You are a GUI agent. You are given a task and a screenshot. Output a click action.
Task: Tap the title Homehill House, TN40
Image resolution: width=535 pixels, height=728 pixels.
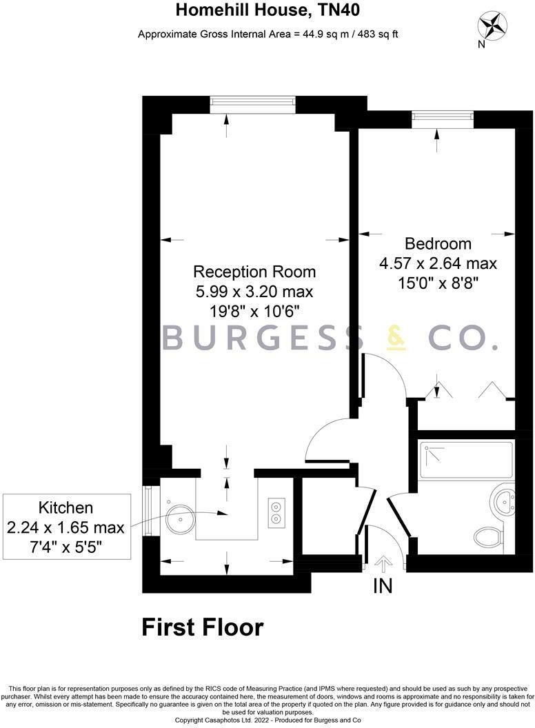pyautogui.click(x=267, y=10)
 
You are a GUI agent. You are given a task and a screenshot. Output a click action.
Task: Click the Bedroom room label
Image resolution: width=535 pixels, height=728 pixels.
pyautogui.click(x=438, y=243)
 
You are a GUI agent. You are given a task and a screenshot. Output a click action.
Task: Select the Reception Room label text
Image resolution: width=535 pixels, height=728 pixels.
pyautogui.click(x=254, y=271)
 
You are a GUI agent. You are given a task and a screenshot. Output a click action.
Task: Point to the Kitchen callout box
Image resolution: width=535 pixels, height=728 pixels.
pyautogui.click(x=65, y=528)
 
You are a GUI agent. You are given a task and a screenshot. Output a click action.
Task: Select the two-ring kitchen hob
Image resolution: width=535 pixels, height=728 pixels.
pyautogui.click(x=276, y=511)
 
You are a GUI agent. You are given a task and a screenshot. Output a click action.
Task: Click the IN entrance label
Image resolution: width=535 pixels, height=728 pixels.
pyautogui.click(x=383, y=586)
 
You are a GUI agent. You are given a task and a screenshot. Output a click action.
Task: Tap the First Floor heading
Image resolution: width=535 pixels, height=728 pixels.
pyautogui.click(x=203, y=628)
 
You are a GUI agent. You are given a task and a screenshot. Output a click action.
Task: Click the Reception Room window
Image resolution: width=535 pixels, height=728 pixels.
pyautogui.click(x=253, y=103)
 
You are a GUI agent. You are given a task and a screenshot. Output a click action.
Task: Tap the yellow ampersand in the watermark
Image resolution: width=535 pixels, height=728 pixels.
pyautogui.click(x=397, y=338)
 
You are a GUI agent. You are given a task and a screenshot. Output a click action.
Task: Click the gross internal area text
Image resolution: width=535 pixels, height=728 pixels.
pyautogui.click(x=267, y=34)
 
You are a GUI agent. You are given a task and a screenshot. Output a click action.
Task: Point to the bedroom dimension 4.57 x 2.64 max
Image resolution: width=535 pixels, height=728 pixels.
pyautogui.click(x=438, y=263)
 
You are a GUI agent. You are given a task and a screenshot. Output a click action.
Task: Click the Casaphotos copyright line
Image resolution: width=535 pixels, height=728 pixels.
pyautogui.click(x=268, y=720)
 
